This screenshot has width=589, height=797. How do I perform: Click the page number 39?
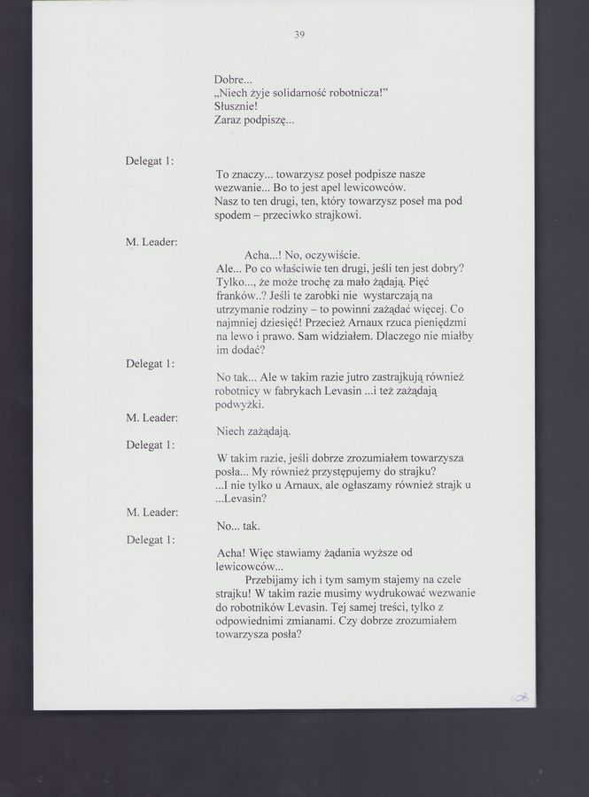tap(299, 35)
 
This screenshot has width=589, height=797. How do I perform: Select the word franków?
tap(237, 295)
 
